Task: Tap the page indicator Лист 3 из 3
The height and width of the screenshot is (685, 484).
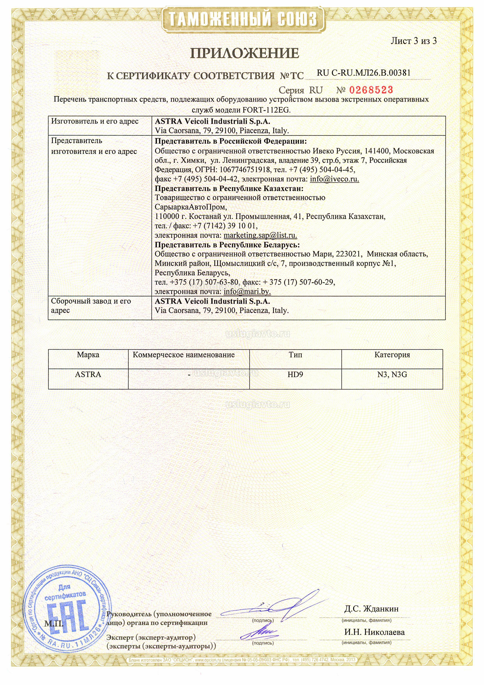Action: click(x=414, y=41)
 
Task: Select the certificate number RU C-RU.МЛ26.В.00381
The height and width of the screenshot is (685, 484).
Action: click(x=364, y=73)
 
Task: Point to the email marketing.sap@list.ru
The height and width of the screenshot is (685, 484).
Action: click(x=260, y=235)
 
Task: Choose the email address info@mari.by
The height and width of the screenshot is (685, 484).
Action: click(x=247, y=291)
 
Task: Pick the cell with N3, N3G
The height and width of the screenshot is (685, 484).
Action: click(x=392, y=374)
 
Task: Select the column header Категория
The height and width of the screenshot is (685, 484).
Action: click(x=392, y=355)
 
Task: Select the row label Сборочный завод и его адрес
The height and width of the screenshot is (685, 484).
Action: click(x=91, y=306)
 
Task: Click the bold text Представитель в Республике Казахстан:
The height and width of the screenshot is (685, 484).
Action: click(x=229, y=189)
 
